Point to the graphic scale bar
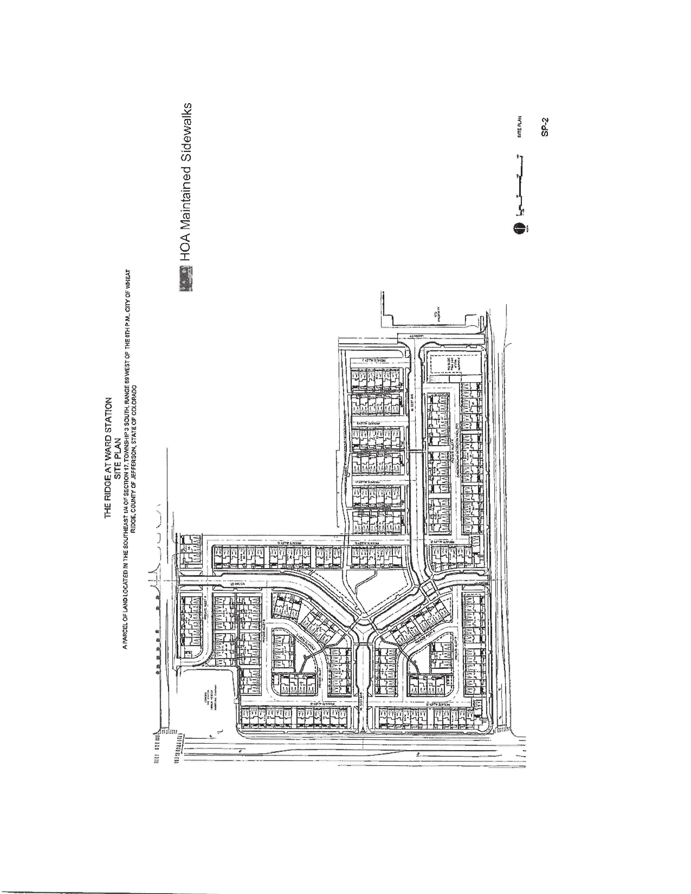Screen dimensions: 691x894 [520, 184]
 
